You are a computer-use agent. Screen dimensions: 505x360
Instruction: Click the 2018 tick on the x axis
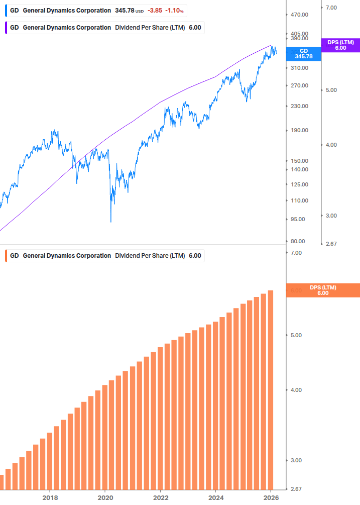(x=50, y=497)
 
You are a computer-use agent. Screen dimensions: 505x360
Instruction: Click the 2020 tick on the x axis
(x=105, y=497)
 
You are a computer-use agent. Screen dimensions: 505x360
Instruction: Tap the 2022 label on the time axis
(x=160, y=497)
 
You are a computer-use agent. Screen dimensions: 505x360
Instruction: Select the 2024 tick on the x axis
(x=215, y=497)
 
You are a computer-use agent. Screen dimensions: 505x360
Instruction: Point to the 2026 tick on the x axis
(x=271, y=497)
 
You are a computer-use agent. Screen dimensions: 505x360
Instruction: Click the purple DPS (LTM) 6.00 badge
(x=340, y=45)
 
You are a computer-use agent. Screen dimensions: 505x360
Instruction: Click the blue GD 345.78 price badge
(x=303, y=54)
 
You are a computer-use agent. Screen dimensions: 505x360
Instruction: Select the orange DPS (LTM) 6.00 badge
(x=323, y=290)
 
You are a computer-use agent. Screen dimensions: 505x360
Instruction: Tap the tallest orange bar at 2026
(x=271, y=389)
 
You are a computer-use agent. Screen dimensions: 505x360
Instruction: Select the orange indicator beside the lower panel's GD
(x=5, y=256)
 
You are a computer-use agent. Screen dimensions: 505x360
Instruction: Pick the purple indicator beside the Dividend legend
(x=5, y=28)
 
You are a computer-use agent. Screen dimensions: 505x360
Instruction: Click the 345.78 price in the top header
(x=125, y=11)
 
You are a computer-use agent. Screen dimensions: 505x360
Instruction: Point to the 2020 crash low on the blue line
(x=111, y=222)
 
